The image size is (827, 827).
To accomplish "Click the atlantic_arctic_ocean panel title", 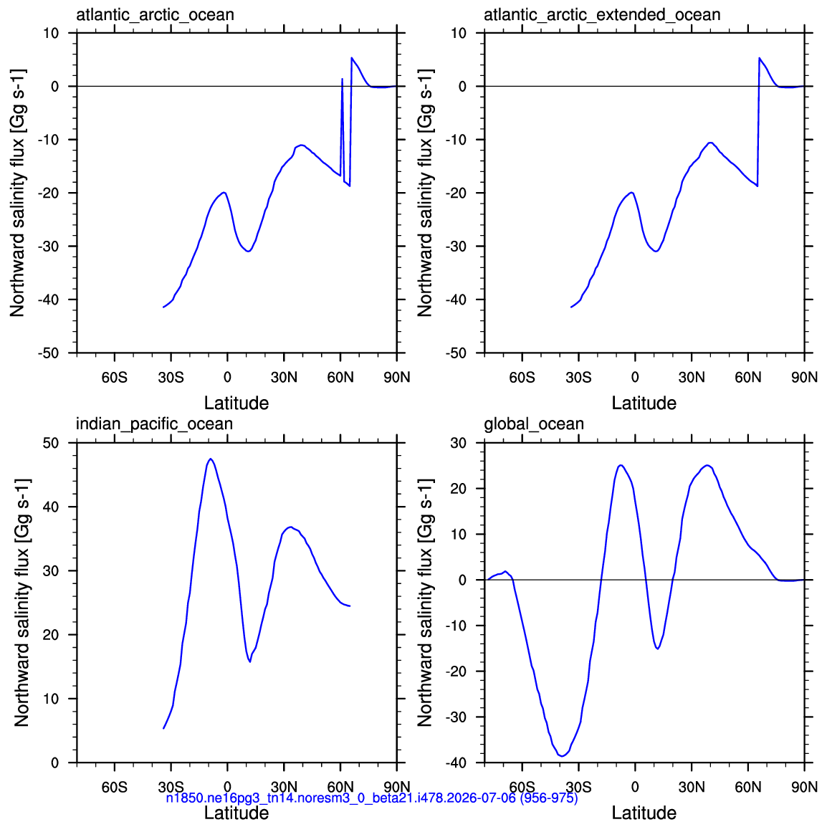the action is [155, 15].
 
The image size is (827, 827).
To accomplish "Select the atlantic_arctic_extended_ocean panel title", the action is [602, 15].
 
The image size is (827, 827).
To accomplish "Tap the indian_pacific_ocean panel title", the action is [154, 424].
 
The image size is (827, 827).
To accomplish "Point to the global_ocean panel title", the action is [534, 424].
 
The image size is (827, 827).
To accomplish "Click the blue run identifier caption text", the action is [372, 798].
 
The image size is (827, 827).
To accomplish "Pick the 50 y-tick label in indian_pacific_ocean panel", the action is [51, 443].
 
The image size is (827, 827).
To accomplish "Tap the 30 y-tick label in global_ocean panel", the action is [459, 443].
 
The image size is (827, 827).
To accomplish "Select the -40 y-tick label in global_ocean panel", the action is [456, 763].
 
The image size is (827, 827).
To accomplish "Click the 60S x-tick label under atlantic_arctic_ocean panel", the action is [115, 378].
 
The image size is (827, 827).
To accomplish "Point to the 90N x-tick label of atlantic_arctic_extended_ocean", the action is [804, 378].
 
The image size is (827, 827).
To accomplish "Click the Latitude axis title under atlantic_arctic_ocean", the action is [236, 403].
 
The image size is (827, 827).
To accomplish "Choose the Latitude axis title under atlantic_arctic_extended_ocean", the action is [644, 403].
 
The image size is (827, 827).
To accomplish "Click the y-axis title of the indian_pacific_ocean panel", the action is [21, 603].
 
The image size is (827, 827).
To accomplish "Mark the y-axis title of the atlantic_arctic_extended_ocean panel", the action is [425, 193].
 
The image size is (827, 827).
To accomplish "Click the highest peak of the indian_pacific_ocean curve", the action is [211, 459].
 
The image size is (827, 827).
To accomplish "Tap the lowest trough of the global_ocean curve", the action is [563, 756].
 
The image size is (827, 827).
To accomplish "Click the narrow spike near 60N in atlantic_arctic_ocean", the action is [343, 79].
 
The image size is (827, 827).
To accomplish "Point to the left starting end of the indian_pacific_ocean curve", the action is [163, 728].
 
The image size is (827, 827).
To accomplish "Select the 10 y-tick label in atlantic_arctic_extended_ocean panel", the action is [459, 33].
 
